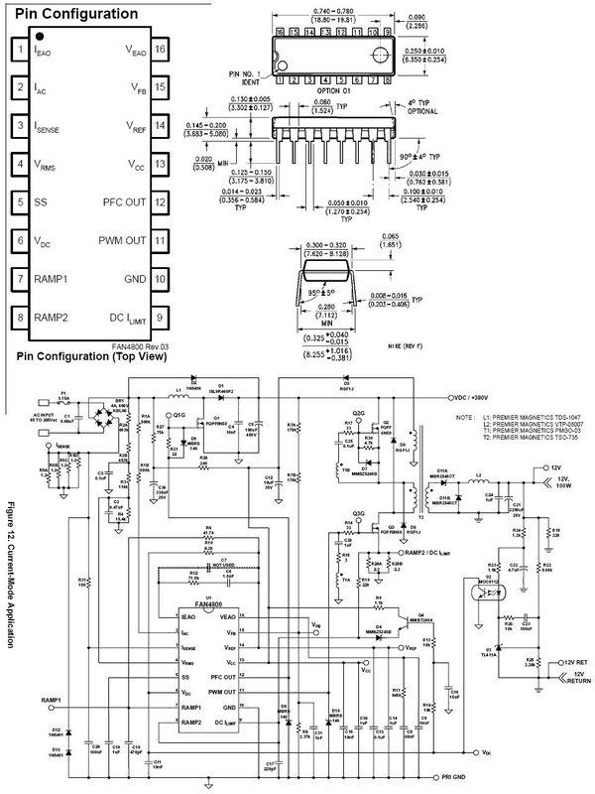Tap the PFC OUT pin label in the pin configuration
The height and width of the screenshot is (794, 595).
124,202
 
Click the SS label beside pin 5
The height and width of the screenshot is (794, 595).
41,202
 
